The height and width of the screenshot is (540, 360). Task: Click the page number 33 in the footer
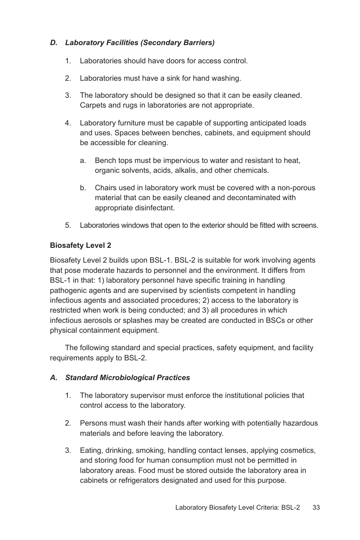click(x=316, y=507)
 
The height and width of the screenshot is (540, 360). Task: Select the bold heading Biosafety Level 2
click(x=80, y=245)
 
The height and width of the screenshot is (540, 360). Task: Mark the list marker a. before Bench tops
click(x=83, y=161)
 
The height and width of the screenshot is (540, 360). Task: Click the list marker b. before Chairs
click(x=83, y=188)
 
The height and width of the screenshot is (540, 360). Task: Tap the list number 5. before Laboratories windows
click(x=68, y=225)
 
